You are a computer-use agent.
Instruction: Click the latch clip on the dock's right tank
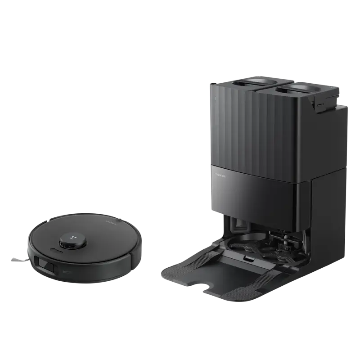point(320,105)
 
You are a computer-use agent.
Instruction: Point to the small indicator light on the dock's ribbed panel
point(216,97)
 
